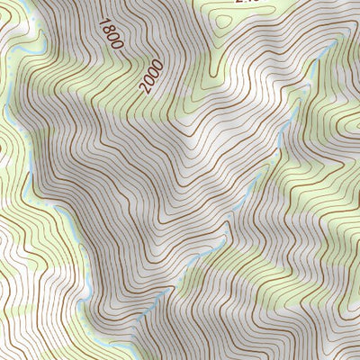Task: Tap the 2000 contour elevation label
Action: (x=151, y=76)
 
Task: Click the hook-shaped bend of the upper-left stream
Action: (x=38, y=38)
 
